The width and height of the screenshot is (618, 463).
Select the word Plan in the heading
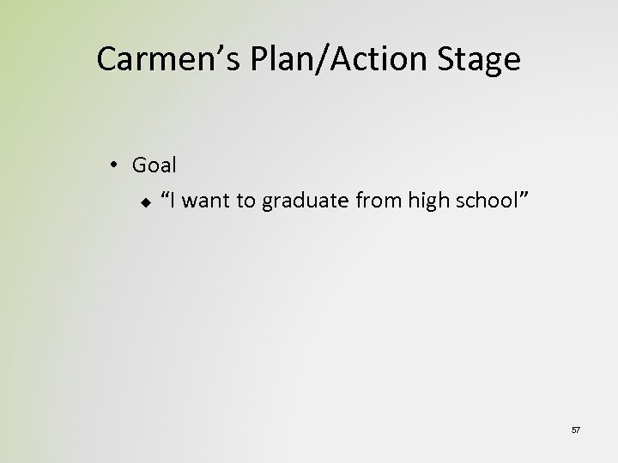tap(275, 59)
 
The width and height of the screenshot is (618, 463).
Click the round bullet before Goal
tap(116, 164)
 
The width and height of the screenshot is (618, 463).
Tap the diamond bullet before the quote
tap(146, 201)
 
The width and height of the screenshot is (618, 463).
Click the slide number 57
tap(575, 429)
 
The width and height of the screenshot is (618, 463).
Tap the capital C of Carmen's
tap(107, 59)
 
